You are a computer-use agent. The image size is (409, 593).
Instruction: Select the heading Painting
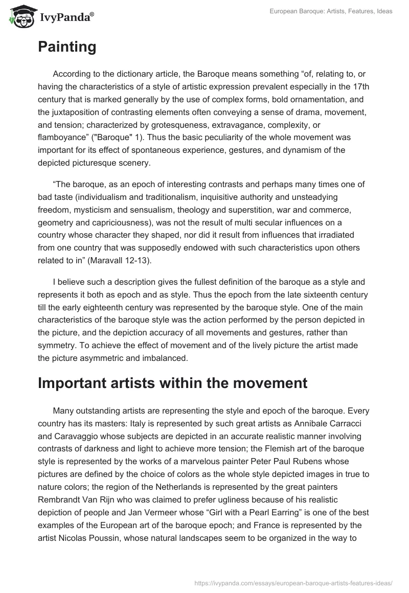pyautogui.click(x=67, y=47)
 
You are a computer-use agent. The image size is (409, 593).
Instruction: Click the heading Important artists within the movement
pyautogui.click(x=172, y=383)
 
